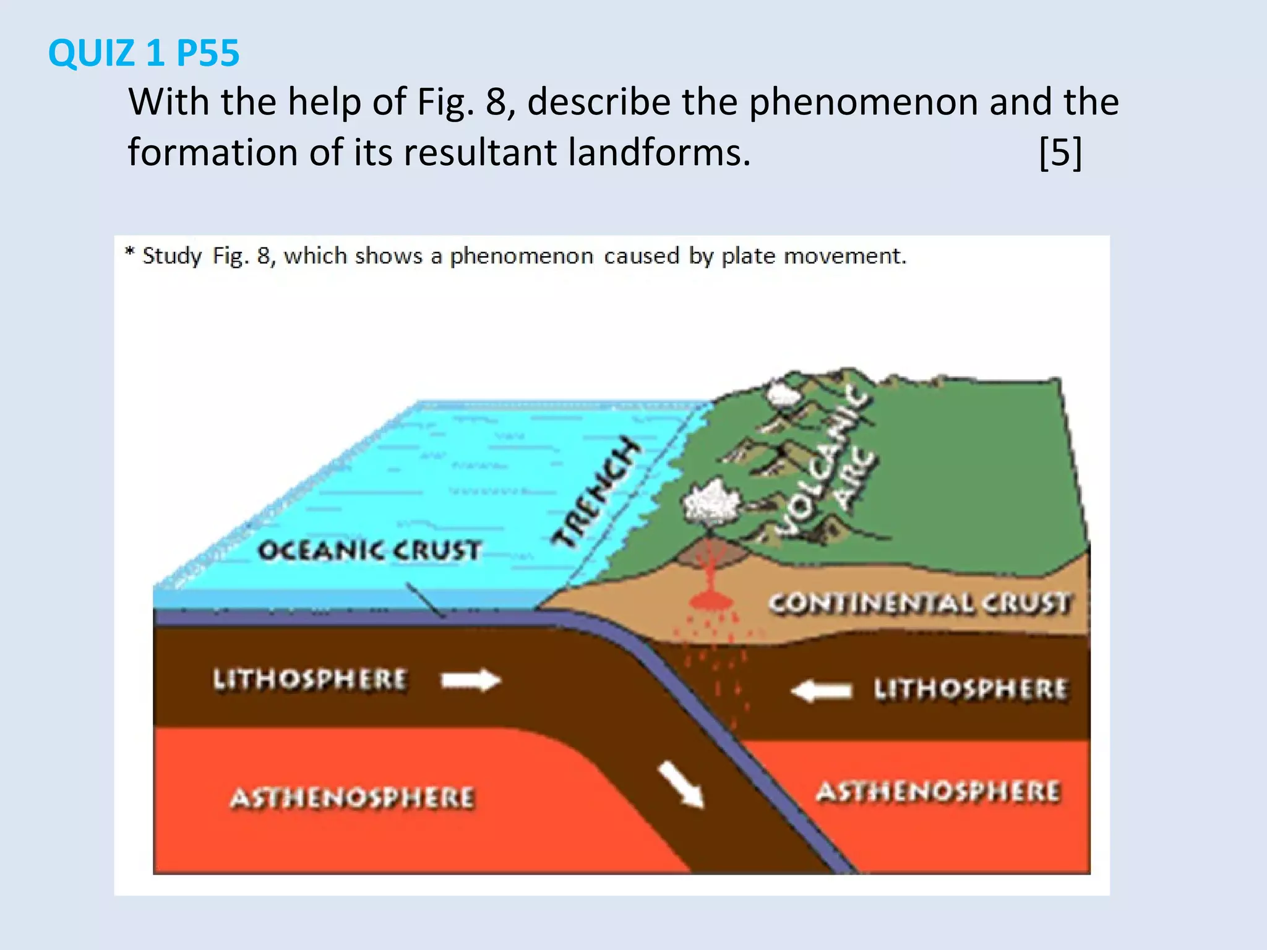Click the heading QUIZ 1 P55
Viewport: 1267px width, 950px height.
point(144,53)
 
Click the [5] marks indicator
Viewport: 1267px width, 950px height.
point(1060,152)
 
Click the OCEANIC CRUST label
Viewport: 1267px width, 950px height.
point(369,550)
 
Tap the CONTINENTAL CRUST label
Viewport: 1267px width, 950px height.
point(919,603)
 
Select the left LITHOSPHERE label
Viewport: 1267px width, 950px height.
point(310,679)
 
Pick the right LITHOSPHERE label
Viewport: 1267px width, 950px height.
point(970,689)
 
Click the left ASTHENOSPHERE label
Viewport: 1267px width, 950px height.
point(352,798)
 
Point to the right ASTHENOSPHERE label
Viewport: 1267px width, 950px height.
point(938,792)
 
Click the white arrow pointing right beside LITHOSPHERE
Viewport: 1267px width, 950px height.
point(471,680)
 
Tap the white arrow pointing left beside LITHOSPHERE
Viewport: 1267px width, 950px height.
point(822,690)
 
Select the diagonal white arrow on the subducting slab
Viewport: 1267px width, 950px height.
point(681,784)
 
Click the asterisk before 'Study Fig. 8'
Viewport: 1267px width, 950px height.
point(130,251)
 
